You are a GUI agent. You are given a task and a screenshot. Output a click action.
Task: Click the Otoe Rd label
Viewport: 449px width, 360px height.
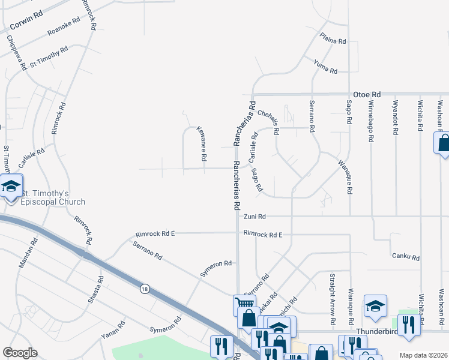coord(367,95)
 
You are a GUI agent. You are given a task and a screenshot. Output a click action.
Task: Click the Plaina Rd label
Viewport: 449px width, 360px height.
coord(333,39)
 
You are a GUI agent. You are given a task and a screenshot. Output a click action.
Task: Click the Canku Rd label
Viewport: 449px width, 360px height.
coord(405,257)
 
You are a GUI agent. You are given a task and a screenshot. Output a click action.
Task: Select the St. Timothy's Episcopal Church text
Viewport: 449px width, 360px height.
coord(53,197)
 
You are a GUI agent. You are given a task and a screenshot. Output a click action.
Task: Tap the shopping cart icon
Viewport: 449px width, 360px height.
coord(241,305)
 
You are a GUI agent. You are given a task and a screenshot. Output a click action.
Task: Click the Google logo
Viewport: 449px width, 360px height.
coord(20,352)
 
